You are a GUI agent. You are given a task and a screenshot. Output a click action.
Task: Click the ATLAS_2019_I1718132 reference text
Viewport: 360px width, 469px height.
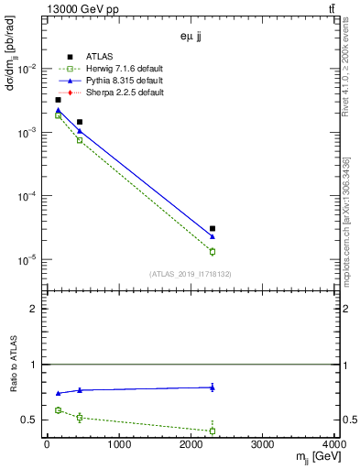click(x=191, y=273)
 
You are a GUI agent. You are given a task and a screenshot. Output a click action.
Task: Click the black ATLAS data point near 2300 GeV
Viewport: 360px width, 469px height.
click(x=213, y=228)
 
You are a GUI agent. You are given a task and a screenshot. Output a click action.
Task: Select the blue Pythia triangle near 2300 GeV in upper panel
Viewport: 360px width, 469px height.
click(x=213, y=236)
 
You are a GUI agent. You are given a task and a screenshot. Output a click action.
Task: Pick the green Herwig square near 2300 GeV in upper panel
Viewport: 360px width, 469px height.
click(x=213, y=251)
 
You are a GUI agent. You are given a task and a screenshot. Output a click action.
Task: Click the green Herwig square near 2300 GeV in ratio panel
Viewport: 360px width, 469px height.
click(x=213, y=431)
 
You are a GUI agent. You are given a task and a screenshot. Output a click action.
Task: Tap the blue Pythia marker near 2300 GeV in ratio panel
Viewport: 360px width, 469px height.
click(x=213, y=387)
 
